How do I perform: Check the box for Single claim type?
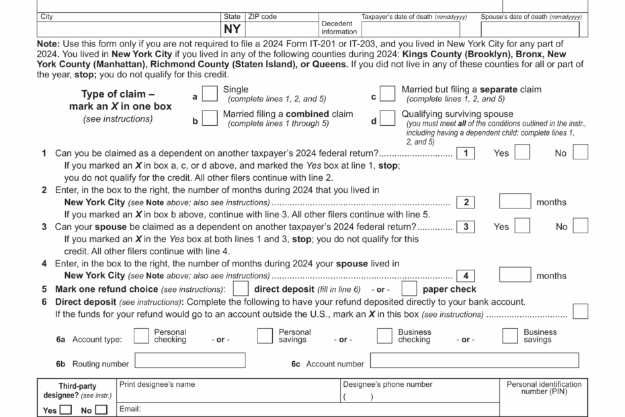pyautogui.click(x=210, y=93)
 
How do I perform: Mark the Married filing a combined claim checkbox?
pyautogui.click(x=210, y=118)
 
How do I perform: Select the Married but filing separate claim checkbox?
pyautogui.click(x=387, y=93)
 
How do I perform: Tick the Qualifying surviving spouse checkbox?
pyautogui.click(x=387, y=118)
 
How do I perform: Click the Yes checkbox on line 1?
pyautogui.click(x=522, y=153)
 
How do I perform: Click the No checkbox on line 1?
pyautogui.click(x=580, y=153)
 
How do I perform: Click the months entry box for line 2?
pyautogui.click(x=515, y=202)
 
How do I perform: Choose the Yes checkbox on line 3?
pyautogui.click(x=522, y=226)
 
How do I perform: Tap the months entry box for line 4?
pyautogui.click(x=515, y=275)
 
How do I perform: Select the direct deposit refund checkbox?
pyautogui.click(x=240, y=289)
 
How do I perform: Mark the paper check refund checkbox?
pyautogui.click(x=409, y=289)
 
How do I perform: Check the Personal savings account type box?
pyautogui.click(x=265, y=336)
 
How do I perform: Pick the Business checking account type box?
pyautogui.click(x=384, y=336)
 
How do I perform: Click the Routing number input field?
pyautogui.click(x=190, y=361)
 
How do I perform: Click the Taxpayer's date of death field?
pyautogui.click(x=410, y=30)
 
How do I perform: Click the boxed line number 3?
pyautogui.click(x=465, y=227)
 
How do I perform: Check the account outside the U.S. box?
pyautogui.click(x=580, y=311)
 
